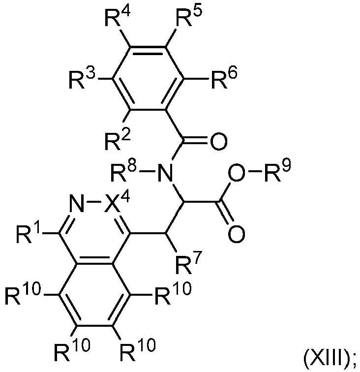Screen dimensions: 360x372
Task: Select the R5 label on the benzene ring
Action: [x=189, y=17]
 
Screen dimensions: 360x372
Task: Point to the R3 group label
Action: [x=82, y=79]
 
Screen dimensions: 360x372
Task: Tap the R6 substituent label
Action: [x=224, y=79]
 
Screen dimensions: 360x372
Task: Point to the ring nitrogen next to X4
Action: [x=77, y=203]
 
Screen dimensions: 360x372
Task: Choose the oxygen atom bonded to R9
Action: [x=236, y=172]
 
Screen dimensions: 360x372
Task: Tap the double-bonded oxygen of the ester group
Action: [x=236, y=234]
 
